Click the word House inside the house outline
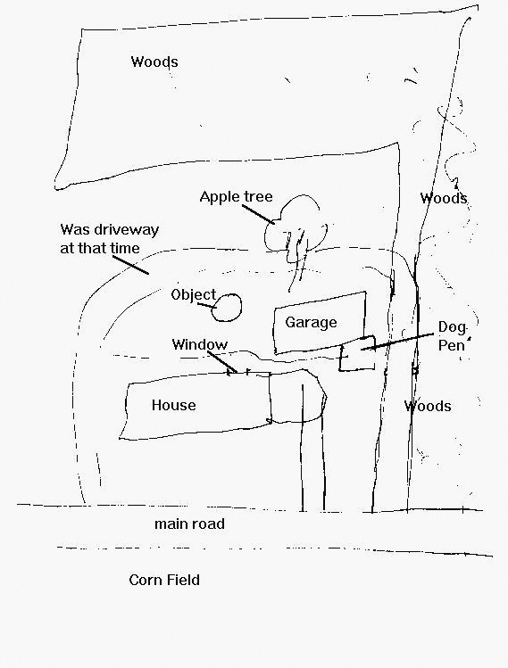pos(173,405)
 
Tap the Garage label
pos(311,323)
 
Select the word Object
pos(194,295)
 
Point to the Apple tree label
pos(236,197)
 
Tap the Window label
pos(200,344)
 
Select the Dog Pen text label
pos(452,336)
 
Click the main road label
pos(189,524)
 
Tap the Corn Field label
pos(164,580)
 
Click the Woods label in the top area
pos(154,62)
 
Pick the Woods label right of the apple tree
pos(444,198)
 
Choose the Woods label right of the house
pos(428,406)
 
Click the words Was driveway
pos(110,230)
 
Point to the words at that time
pos(100,248)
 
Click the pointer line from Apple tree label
pos(259,214)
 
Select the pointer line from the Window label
pos(222,362)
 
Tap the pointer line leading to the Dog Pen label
pos(397,342)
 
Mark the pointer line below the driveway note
pos(131,265)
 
